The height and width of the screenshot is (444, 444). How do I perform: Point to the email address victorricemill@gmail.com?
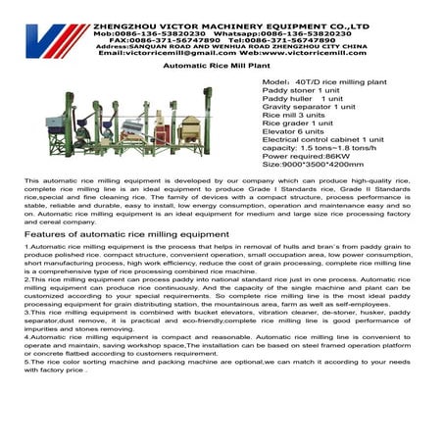[x=169, y=53]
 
